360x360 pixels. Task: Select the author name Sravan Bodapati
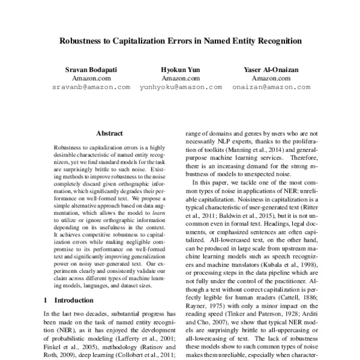92,70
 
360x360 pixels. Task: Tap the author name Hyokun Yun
179,70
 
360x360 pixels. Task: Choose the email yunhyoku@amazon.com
179,87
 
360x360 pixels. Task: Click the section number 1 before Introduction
46,299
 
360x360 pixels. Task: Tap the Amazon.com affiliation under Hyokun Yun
179,79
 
